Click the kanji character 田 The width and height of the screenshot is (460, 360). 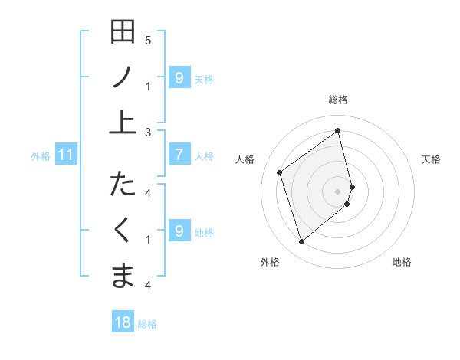[x=123, y=32]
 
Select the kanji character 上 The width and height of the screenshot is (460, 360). [x=123, y=121]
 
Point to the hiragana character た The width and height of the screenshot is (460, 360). [x=123, y=185]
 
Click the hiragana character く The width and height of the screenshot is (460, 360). [x=123, y=230]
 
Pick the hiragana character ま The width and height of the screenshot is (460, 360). [x=123, y=274]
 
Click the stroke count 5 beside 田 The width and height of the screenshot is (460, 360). [x=148, y=40]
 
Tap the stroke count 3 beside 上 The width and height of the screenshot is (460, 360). [x=148, y=132]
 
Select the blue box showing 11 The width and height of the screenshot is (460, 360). [x=66, y=155]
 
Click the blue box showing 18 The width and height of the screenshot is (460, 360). [x=123, y=322]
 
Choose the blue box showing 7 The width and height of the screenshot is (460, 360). [x=179, y=155]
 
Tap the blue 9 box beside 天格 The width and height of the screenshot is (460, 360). [x=179, y=78]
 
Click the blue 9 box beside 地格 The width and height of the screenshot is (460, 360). [x=179, y=231]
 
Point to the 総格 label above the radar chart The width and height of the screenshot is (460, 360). [x=338, y=100]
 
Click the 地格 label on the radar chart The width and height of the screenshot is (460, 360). [x=402, y=262]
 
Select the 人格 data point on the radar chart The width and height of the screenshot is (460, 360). [x=280, y=172]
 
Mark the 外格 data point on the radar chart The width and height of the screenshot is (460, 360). [x=301, y=242]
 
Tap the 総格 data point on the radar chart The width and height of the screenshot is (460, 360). [x=338, y=130]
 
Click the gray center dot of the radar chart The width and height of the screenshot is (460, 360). [x=338, y=190]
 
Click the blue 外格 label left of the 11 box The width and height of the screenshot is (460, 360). [x=41, y=156]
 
